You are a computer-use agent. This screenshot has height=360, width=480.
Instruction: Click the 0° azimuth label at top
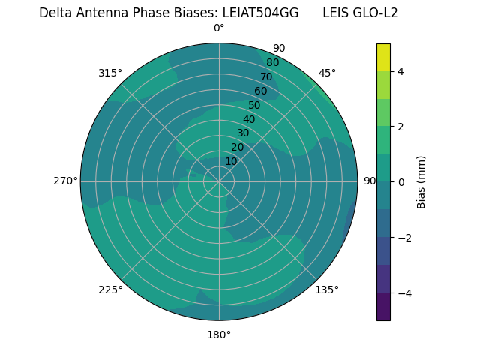pyautogui.click(x=219, y=28)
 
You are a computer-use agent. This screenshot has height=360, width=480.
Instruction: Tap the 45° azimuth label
pyautogui.click(x=327, y=73)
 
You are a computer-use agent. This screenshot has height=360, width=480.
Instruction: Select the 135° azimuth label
pyautogui.click(x=327, y=289)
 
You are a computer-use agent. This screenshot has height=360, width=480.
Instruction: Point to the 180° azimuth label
pyautogui.click(x=219, y=334)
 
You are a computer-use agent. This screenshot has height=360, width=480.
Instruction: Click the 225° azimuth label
pyautogui.click(x=110, y=289)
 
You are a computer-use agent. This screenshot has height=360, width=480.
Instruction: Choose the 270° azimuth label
pyautogui.click(x=65, y=181)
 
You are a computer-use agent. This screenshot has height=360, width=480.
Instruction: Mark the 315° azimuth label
pyautogui.click(x=110, y=73)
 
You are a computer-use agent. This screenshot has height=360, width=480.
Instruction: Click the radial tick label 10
pyautogui.click(x=231, y=161)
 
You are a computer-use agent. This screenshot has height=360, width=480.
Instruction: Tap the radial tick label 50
pyautogui.click(x=254, y=105)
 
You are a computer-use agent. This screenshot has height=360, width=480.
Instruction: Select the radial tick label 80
pyautogui.click(x=272, y=62)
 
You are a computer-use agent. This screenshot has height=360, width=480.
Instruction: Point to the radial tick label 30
pyautogui.click(x=243, y=133)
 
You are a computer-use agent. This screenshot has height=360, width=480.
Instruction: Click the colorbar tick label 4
pyautogui.click(x=400, y=71)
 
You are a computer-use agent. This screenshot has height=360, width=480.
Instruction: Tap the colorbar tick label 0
pyautogui.click(x=400, y=182)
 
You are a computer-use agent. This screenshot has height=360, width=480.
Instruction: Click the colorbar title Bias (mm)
pyautogui.click(x=421, y=182)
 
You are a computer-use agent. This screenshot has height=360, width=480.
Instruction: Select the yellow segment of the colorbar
pyautogui.click(x=383, y=57)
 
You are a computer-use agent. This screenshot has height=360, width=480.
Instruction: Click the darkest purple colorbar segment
pyautogui.click(x=383, y=307)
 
